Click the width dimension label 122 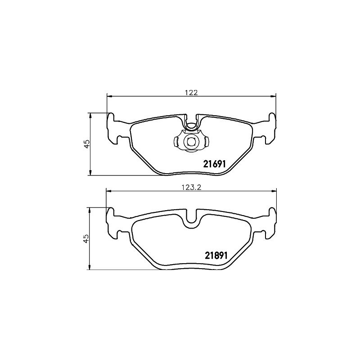(192, 92)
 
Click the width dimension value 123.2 (192, 188)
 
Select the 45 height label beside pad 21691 (87, 144)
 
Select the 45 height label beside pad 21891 (86, 238)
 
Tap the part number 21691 (215, 164)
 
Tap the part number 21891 (216, 255)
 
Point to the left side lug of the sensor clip (176, 141)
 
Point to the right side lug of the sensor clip (206, 141)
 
